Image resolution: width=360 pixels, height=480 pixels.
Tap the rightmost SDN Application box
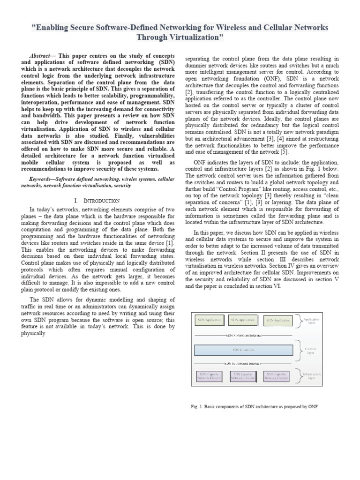tap(278, 321)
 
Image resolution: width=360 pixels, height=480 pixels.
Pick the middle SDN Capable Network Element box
tap(243, 376)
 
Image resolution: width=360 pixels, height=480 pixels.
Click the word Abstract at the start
tap(39, 55)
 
